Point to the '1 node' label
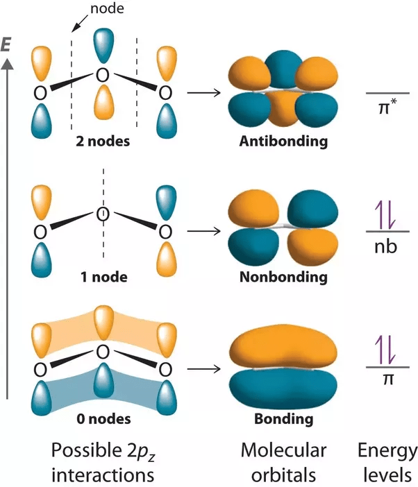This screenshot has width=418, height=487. [x=103, y=277]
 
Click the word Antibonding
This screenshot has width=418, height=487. [x=283, y=142]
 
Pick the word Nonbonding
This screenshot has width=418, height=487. [x=283, y=277]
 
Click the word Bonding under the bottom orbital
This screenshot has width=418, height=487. [x=283, y=419]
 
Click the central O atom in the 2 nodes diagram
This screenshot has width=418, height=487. [x=103, y=75]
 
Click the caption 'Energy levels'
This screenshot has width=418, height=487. [x=387, y=462]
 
